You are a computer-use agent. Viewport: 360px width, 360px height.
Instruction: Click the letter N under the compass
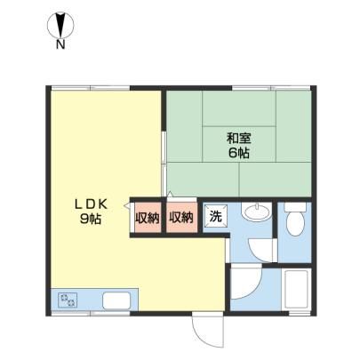point(60,44)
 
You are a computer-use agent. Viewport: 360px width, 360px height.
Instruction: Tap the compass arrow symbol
point(60,25)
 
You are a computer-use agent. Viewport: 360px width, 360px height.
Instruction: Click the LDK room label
point(90,204)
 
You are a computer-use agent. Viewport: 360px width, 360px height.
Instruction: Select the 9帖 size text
point(90,219)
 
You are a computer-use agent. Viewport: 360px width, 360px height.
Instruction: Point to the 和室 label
point(239,139)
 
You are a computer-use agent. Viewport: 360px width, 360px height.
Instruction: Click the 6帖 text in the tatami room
point(238,153)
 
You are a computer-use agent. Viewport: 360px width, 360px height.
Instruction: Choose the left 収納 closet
point(148,218)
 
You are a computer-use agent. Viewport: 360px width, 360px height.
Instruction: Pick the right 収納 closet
point(181,218)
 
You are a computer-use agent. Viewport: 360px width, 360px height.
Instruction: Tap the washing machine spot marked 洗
point(215,216)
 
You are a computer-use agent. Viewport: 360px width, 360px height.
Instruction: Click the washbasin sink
point(256,212)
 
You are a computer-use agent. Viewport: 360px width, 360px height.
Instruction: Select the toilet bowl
point(295,223)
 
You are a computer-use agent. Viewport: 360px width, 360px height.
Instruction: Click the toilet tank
point(295,207)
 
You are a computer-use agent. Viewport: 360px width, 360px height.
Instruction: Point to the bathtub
point(297,289)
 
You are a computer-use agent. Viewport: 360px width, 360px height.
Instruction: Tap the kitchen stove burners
point(68,300)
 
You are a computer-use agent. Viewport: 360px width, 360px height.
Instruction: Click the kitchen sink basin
point(116,300)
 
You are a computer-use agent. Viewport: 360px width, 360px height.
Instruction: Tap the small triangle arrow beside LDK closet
point(127,205)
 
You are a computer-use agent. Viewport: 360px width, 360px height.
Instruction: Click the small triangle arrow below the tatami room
point(170,195)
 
